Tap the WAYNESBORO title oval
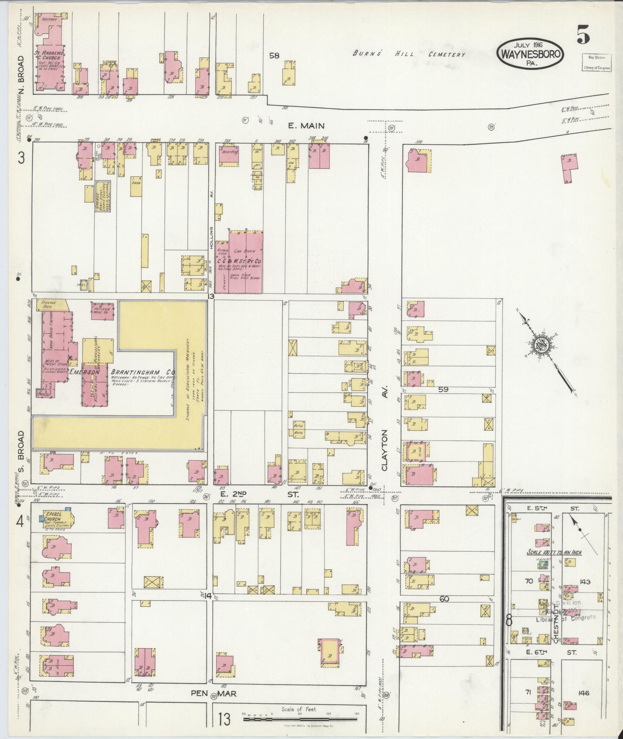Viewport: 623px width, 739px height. point(530,55)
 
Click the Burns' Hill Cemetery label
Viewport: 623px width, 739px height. point(409,54)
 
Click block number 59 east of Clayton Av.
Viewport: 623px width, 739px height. point(443,390)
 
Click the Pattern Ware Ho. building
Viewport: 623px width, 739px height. point(102,311)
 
